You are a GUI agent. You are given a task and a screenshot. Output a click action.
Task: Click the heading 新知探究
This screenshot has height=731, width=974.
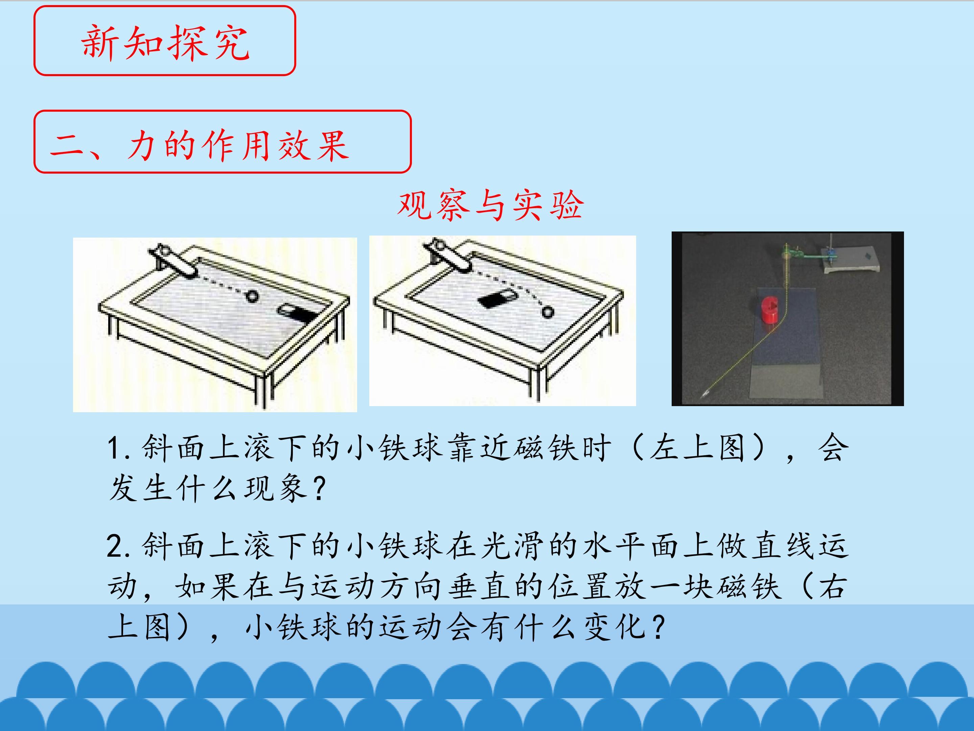click(165, 42)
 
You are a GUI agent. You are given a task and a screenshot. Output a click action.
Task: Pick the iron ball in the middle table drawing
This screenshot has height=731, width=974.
click(547, 312)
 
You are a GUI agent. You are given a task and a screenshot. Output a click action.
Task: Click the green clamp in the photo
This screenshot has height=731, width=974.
click(793, 254)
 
